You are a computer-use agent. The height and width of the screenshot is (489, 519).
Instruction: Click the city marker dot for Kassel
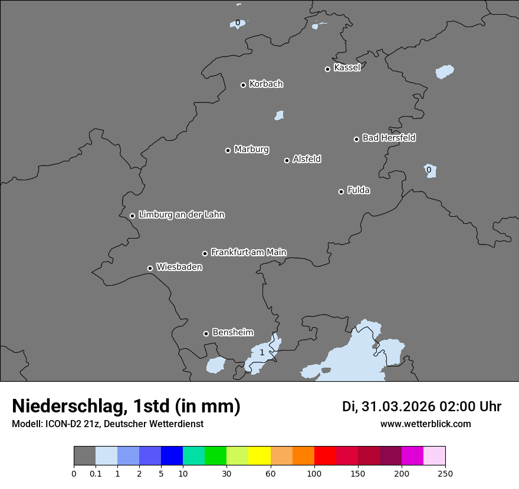(327, 69)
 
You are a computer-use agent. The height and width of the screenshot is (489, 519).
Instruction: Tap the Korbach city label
(266, 84)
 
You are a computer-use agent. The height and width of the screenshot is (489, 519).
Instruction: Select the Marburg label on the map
(251, 150)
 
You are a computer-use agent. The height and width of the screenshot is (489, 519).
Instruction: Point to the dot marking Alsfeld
(287, 160)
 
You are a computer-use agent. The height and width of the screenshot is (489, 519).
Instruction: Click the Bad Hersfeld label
(389, 138)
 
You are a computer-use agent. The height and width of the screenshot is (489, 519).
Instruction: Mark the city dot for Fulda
(341, 191)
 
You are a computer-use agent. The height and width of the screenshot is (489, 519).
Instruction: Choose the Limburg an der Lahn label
(181, 215)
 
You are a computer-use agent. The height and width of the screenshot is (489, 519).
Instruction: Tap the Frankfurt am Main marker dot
(205, 253)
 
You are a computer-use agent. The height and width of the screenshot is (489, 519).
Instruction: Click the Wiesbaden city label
(179, 267)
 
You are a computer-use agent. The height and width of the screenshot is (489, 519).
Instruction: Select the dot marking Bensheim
(206, 333)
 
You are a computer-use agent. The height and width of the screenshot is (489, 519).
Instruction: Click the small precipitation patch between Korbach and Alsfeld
(279, 115)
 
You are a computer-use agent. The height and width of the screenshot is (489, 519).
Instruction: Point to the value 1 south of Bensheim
(262, 353)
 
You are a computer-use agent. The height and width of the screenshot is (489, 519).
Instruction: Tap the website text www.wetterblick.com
(425, 424)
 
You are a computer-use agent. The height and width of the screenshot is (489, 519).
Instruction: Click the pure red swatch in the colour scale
(325, 456)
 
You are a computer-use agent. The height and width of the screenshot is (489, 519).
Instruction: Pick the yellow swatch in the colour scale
(259, 456)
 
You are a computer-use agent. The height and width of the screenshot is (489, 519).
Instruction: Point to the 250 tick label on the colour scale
(445, 473)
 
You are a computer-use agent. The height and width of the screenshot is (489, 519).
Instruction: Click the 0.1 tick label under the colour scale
(96, 473)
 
